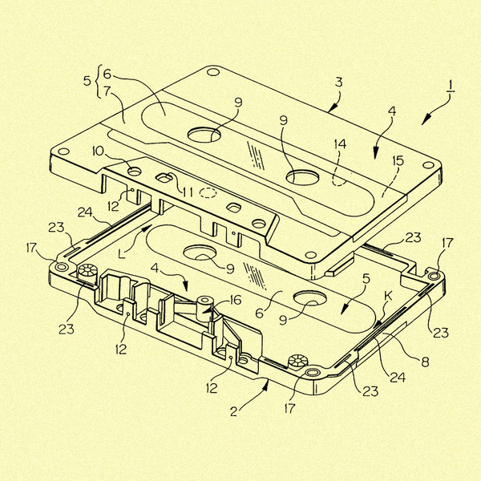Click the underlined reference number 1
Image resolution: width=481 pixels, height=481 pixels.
point(451,87)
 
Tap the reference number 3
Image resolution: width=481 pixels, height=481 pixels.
point(338,83)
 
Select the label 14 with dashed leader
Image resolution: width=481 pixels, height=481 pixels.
point(340,143)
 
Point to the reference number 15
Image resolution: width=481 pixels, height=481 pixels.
point(398,161)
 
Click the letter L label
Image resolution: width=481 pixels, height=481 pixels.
point(122,253)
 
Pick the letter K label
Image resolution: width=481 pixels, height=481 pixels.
point(388,296)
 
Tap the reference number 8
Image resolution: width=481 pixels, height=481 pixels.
point(425,362)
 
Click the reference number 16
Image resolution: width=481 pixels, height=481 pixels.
point(236,301)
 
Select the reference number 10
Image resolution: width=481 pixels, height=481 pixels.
point(98,151)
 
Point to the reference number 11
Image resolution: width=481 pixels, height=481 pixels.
point(188,192)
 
